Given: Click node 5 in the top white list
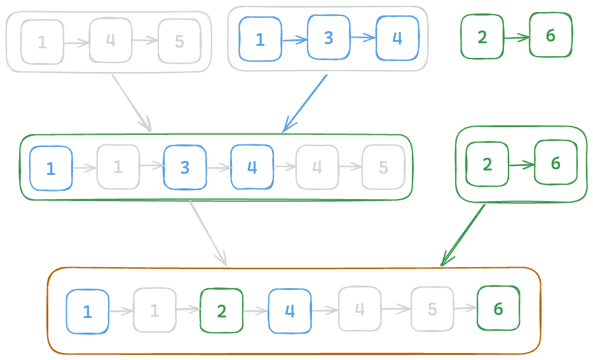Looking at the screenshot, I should click(179, 41).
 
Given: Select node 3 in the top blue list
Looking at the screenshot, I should click(328, 38).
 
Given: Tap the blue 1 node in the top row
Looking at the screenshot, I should click(260, 39).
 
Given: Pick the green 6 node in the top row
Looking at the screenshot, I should click(550, 36).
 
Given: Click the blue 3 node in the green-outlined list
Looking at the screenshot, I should click(185, 168).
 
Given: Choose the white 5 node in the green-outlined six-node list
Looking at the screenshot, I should click(383, 167).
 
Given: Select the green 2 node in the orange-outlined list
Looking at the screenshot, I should click(221, 311).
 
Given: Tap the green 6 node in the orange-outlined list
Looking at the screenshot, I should click(498, 309).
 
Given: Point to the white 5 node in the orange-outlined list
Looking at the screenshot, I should click(432, 309).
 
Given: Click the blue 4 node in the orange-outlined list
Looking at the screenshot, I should click(290, 311).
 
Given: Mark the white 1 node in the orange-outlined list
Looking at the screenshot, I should click(154, 310).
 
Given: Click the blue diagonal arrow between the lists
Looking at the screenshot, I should click(305, 103).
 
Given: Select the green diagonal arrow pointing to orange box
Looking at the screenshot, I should click(463, 233).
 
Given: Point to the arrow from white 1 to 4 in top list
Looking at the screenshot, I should click(77, 43).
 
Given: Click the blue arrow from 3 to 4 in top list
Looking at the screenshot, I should click(363, 38).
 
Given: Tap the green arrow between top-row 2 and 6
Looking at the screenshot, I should click(516, 38).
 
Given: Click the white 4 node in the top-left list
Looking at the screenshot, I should click(111, 40).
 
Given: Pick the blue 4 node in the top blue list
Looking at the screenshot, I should click(397, 38).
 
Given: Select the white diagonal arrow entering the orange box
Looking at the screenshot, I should click(208, 233).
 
